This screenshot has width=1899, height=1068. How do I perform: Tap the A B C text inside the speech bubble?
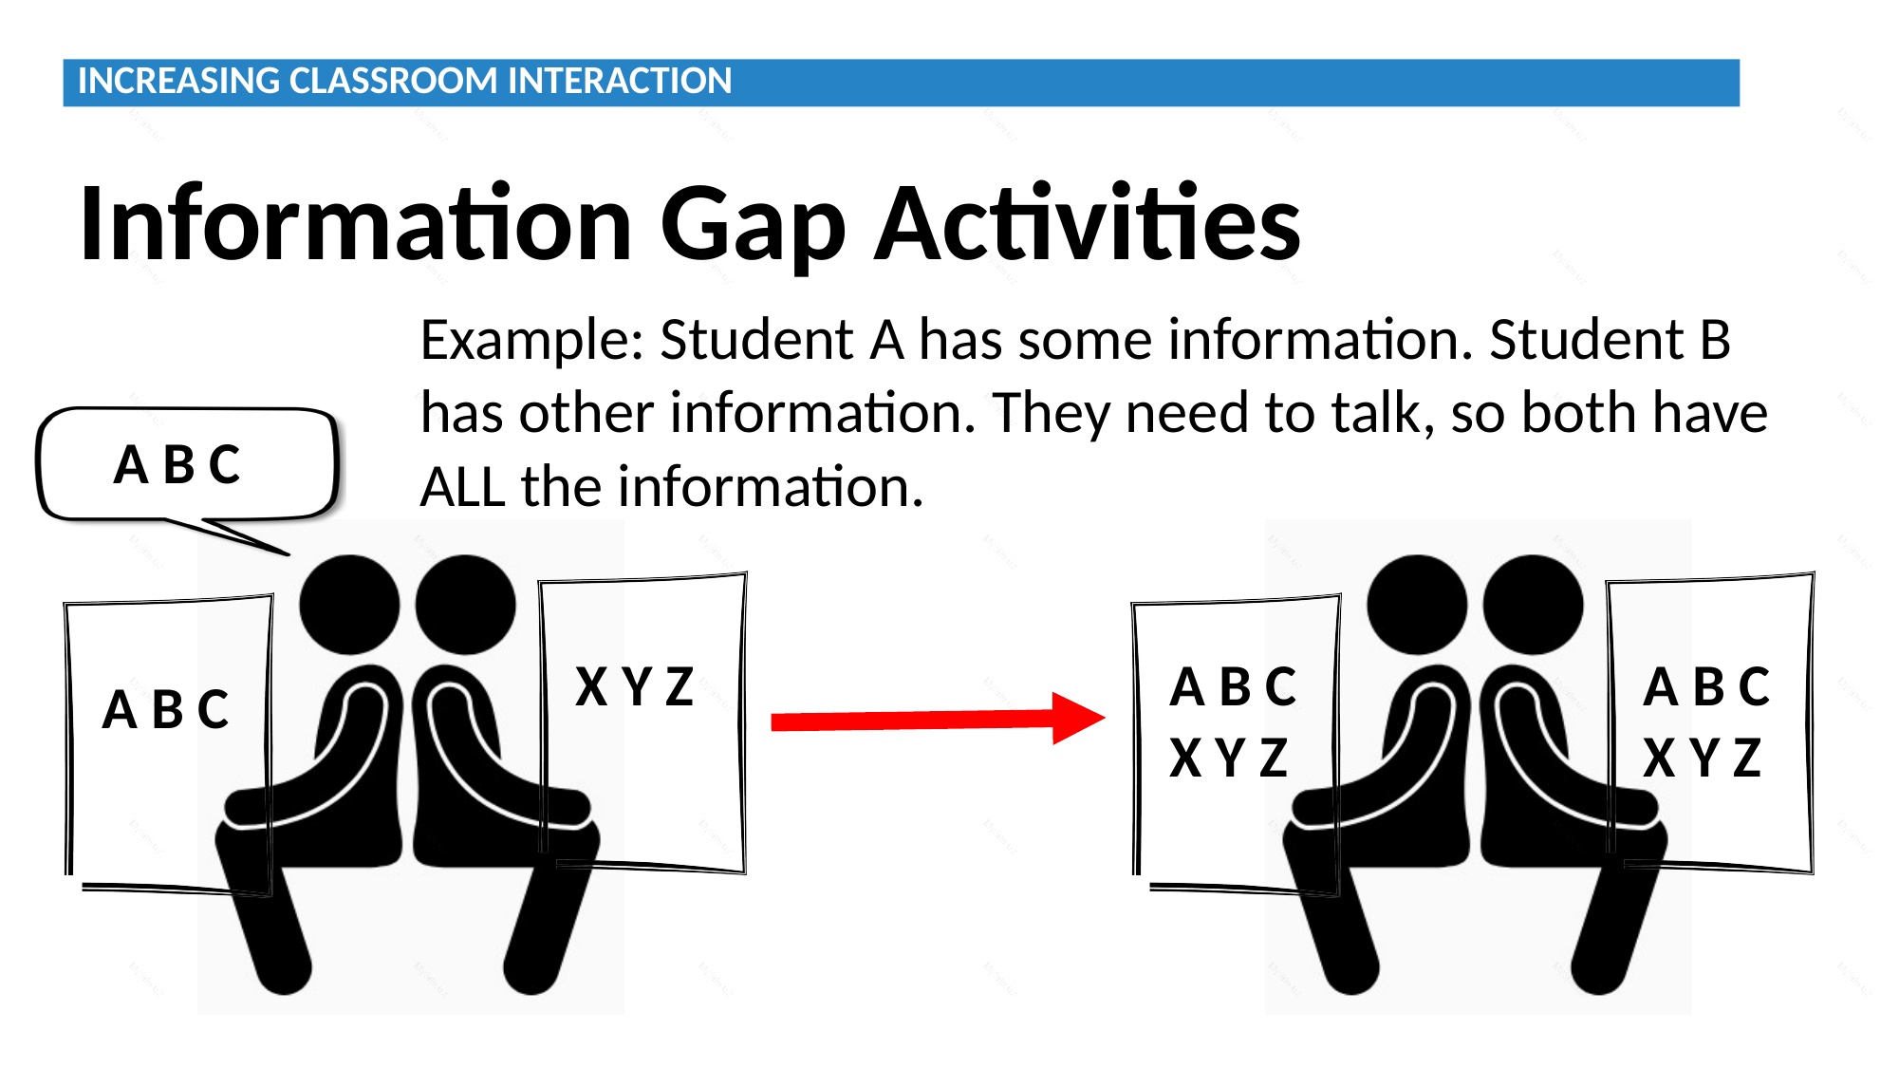177,465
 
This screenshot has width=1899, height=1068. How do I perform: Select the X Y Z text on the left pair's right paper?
635,686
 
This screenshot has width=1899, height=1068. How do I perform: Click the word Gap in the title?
753,225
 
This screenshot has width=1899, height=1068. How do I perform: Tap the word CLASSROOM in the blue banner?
394,81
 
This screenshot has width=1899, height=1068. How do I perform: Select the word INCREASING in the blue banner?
178,81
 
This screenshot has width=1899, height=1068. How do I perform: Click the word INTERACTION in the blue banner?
620,81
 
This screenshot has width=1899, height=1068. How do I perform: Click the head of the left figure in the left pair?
349,605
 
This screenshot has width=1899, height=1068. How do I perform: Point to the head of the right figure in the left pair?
465,605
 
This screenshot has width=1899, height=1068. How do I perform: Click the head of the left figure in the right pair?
1417,605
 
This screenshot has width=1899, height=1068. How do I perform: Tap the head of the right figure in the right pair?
1533,605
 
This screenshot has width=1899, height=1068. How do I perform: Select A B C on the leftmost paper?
166,709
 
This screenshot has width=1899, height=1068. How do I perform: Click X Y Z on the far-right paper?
1703,758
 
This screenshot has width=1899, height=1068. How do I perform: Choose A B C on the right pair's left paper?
1233,686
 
